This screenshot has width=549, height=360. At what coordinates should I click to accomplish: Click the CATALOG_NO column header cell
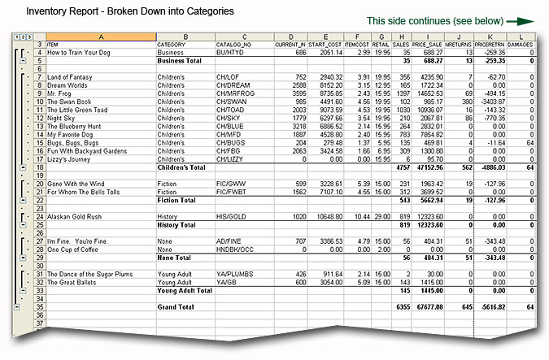coord(233,44)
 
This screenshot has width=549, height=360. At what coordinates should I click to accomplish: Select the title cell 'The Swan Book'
coord(74,102)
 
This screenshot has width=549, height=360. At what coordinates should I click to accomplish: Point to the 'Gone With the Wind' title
coord(80,184)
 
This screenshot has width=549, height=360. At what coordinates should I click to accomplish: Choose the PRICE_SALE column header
coord(428,44)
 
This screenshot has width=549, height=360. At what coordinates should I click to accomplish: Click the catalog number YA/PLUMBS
coord(236,273)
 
